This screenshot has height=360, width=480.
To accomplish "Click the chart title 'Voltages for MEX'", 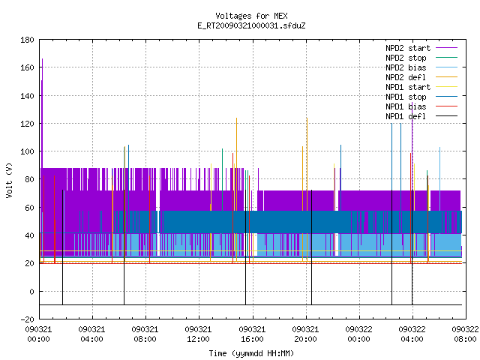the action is pos(251,16).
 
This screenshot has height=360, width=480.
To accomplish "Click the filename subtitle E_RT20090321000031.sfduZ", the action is pos(251,25).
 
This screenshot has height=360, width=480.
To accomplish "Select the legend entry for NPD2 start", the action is pos(408,48).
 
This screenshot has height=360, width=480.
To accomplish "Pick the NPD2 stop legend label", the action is pos(406,58).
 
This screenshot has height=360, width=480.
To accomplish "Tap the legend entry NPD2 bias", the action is pos(406,67).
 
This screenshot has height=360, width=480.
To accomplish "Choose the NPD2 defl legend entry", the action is pos(406,77).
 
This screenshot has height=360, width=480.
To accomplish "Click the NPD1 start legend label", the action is pos(408,87).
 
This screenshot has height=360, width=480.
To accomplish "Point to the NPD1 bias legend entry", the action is pos(406,106).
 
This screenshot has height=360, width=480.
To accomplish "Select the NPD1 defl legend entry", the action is pos(406,116).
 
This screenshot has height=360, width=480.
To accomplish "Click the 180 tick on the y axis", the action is pos(27,40).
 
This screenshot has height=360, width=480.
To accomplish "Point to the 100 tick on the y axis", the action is pos(27,151).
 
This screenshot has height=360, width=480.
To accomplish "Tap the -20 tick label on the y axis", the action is pos(27,319).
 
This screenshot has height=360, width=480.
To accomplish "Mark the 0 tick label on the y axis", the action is pos(31,292).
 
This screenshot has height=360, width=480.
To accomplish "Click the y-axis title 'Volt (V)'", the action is pos(9,180).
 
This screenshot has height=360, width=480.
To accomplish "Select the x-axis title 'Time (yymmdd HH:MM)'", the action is pos(251,353).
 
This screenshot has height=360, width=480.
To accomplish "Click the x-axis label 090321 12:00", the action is pos(198,334).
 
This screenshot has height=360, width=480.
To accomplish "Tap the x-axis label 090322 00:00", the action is pos(358,334).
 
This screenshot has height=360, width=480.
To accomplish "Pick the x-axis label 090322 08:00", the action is pos(465,334).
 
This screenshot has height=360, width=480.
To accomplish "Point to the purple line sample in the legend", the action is pos(446,48).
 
